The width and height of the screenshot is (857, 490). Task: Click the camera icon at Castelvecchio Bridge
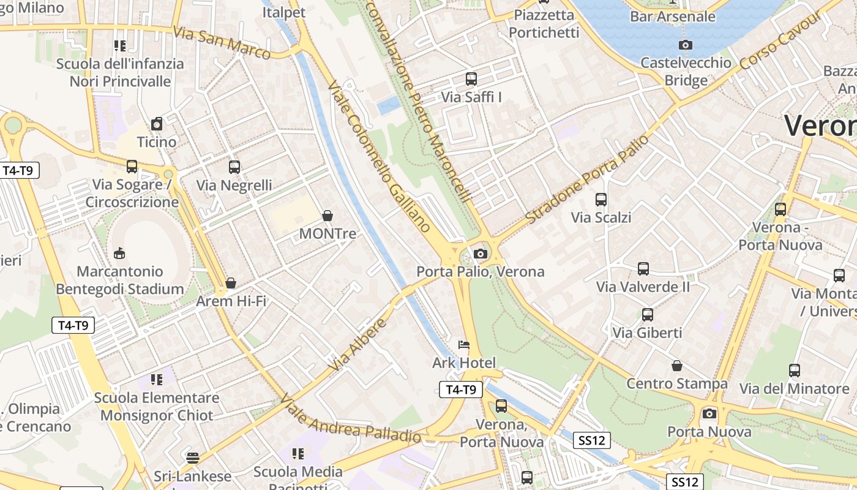click(x=686, y=45)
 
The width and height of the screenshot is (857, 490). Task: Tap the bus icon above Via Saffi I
click(x=471, y=78)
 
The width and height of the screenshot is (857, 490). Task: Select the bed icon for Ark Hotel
click(x=464, y=345)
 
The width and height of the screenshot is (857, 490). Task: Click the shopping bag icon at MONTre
click(x=327, y=216)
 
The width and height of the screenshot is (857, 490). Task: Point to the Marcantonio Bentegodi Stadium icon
click(x=119, y=253)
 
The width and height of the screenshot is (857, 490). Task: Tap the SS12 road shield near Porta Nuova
click(x=685, y=481)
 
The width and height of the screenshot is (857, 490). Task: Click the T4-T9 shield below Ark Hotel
click(x=461, y=390)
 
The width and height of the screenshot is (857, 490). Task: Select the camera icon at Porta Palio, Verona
click(x=481, y=254)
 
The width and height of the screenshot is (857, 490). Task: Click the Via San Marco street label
click(x=222, y=43)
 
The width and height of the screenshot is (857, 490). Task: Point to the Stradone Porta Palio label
click(x=586, y=179)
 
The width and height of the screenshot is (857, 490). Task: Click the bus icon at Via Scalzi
click(x=601, y=199)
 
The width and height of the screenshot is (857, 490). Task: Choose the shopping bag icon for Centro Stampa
click(x=677, y=366)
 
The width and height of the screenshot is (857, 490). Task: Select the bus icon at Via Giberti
click(x=648, y=315)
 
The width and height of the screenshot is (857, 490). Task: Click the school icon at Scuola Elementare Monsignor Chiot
click(x=157, y=380)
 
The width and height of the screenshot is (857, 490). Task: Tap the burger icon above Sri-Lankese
click(x=193, y=458)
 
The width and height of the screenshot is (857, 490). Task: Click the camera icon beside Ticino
click(x=157, y=124)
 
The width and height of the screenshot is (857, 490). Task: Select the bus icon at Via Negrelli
click(x=234, y=167)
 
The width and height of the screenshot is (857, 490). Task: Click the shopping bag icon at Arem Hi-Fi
click(x=231, y=283)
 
